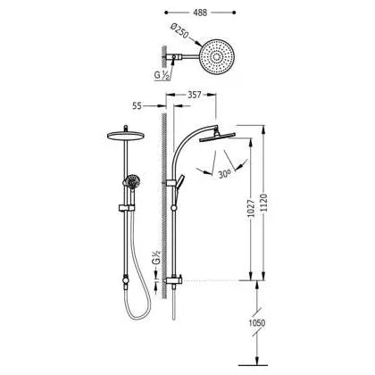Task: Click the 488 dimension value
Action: tap(200, 12)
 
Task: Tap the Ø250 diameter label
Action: tap(179, 31)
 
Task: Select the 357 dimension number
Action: tap(195, 95)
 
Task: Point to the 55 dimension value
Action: tap(137, 106)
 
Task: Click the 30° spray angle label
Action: tap(225, 174)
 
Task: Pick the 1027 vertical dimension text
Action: tap(252, 208)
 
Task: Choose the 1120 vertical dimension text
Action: tap(264, 204)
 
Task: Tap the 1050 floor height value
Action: tap(257, 323)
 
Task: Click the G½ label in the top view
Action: tap(162, 75)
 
